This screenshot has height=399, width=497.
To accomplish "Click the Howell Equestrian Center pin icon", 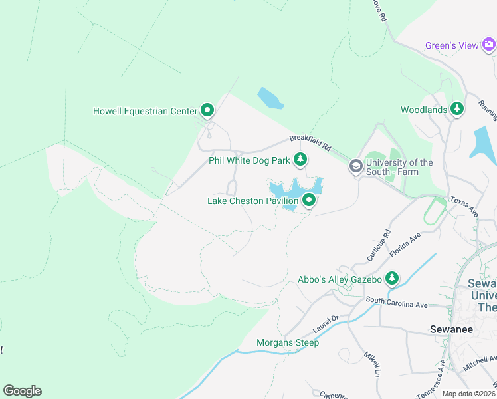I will (x=207, y=110).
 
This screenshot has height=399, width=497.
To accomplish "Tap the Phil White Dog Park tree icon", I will (x=301, y=159).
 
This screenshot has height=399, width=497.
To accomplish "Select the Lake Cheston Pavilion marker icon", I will (x=309, y=199).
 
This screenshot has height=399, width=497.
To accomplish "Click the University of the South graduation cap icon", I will (x=356, y=166).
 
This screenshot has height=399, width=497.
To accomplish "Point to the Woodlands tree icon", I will (x=457, y=108).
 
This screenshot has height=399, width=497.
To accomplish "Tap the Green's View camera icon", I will (x=488, y=45).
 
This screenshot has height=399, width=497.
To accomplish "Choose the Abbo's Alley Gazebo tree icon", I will (x=393, y=277).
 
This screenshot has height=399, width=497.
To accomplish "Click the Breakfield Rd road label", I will (x=309, y=142).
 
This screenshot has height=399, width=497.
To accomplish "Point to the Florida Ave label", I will (x=407, y=244).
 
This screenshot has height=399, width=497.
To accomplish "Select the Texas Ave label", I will (x=464, y=205).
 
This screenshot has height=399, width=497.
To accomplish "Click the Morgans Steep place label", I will (x=288, y=342).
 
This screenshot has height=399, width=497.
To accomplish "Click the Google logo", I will (x=22, y=390).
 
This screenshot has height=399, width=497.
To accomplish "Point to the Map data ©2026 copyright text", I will (x=468, y=394).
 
